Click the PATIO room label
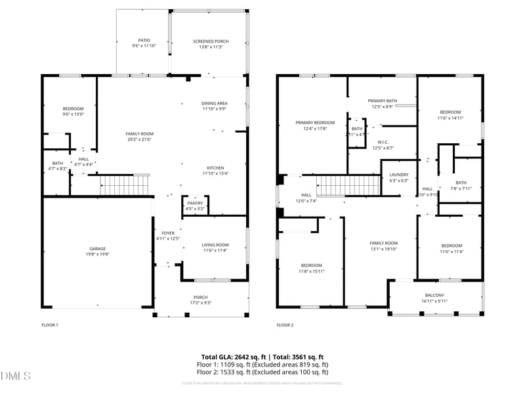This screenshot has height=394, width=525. (144, 41)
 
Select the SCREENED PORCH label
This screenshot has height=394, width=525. (209, 41)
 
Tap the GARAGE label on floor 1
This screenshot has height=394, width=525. (98, 249)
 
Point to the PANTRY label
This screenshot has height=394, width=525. (195, 203)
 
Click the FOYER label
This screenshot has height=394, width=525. (168, 232)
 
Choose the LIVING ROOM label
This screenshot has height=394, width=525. (215, 245)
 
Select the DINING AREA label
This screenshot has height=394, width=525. (215, 103)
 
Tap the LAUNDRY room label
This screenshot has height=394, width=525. (399, 175)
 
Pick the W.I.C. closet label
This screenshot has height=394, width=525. (383, 142)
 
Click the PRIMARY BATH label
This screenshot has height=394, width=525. (382, 100)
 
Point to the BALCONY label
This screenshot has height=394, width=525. (434, 295)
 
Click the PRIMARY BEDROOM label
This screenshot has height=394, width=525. (315, 123)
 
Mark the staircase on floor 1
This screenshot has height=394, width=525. (125, 186)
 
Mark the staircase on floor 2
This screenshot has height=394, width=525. (348, 186)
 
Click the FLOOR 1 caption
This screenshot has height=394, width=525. (50, 325)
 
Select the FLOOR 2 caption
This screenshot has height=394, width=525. (285, 325)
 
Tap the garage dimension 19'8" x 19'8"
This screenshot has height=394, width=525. (98, 255)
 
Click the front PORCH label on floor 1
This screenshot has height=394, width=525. (201, 297)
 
